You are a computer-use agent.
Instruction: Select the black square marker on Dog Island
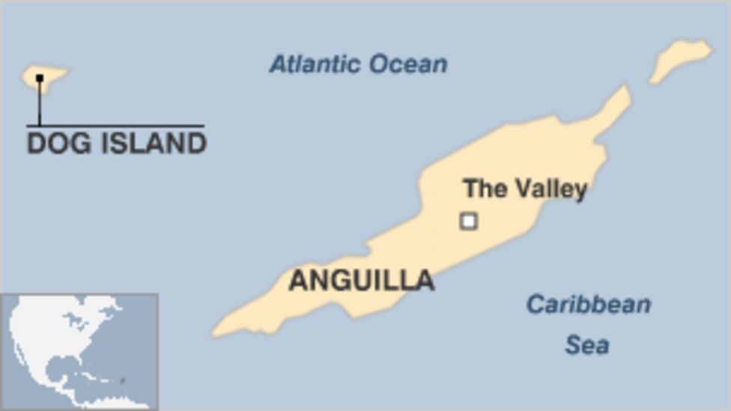point(40,77)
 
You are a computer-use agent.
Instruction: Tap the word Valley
point(548,189)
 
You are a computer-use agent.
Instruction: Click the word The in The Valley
point(483,188)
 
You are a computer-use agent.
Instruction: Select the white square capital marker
point(469,221)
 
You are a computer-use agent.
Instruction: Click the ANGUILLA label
point(362,281)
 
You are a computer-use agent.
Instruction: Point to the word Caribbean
point(588,305)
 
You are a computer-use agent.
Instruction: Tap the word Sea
point(586,345)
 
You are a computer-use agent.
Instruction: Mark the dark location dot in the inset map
point(123,382)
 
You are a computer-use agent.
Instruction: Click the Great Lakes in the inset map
point(74,323)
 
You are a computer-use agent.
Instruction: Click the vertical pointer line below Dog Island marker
point(40,103)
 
